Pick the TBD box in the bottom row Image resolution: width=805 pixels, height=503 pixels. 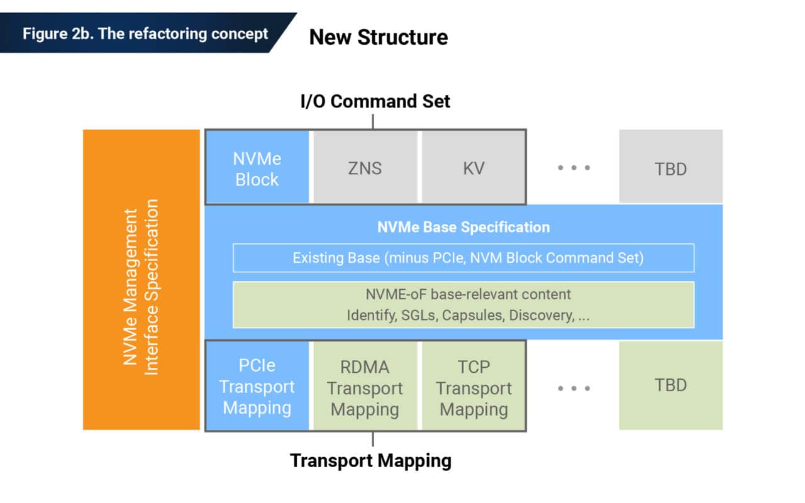tap(670, 385)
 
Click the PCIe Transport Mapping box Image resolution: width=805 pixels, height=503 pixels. tap(257, 386)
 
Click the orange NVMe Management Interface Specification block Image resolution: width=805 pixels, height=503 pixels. tap(141, 280)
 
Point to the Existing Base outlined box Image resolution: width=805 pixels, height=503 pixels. tap(463, 258)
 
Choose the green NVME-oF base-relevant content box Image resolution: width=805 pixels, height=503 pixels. tap(463, 304)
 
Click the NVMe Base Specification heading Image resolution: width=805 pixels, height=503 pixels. tap(463, 227)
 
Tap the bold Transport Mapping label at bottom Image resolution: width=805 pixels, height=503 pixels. tap(370, 461)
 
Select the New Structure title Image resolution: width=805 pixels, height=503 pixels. tap(378, 37)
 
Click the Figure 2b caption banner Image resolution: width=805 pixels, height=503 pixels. tap(145, 33)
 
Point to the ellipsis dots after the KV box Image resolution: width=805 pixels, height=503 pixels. tap(574, 168)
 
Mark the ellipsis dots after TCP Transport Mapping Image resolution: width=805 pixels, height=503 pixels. tap(574, 388)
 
